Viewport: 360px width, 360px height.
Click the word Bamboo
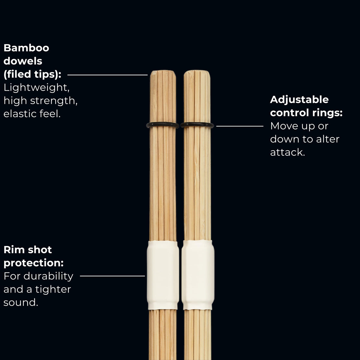[26, 48]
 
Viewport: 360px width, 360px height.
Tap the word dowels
[23, 61]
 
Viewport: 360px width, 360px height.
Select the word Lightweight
[36, 88]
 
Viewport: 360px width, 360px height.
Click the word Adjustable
[299, 100]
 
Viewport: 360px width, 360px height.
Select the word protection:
[34, 263]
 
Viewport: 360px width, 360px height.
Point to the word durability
[48, 276]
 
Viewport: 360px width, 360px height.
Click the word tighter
[53, 289]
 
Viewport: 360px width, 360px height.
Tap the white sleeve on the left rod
[163, 275]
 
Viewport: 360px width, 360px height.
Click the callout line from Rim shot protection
[112, 276]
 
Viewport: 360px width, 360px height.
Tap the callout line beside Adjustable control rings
[240, 126]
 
